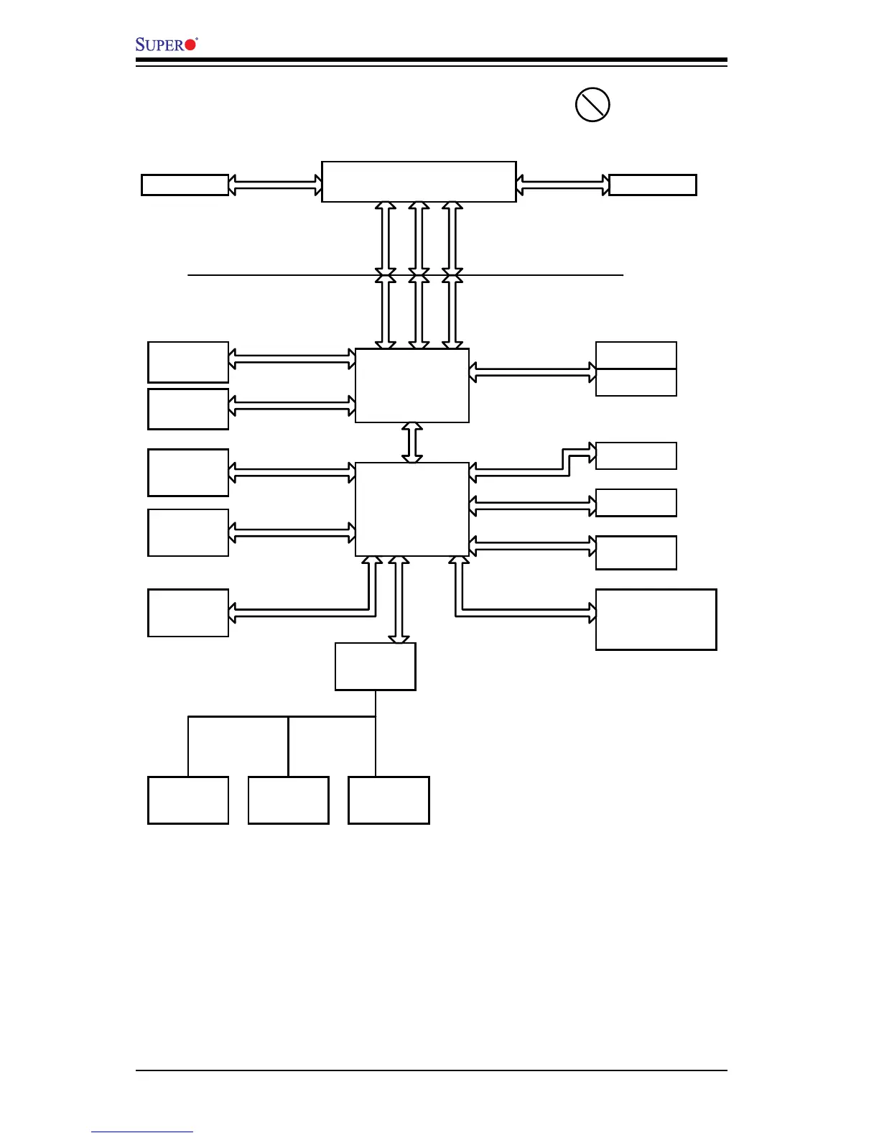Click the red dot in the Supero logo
pyautogui.click(x=190, y=45)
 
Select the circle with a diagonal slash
pyautogui.click(x=592, y=105)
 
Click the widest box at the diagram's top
pyautogui.click(x=419, y=182)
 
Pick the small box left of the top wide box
pyautogui.click(x=185, y=185)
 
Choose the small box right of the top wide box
pyautogui.click(x=653, y=185)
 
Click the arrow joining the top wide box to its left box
pyautogui.click(x=275, y=185)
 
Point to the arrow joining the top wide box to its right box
pyautogui.click(x=563, y=185)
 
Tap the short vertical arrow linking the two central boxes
pyautogui.click(x=412, y=443)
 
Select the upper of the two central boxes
pyautogui.click(x=412, y=386)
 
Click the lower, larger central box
pyautogui.click(x=412, y=509)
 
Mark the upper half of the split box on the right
pyautogui.click(x=636, y=356)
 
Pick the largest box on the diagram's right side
pyautogui.click(x=656, y=619)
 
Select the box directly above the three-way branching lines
pyautogui.click(x=376, y=667)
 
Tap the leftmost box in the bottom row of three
pyautogui.click(x=188, y=800)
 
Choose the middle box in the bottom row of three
pyautogui.click(x=289, y=800)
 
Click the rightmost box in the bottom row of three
pyautogui.click(x=389, y=800)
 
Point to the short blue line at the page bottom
pyautogui.click(x=142, y=1132)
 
